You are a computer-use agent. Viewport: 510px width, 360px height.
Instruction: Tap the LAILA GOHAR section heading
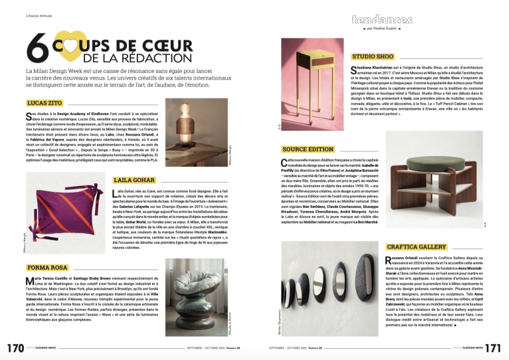(x=135, y=180)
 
